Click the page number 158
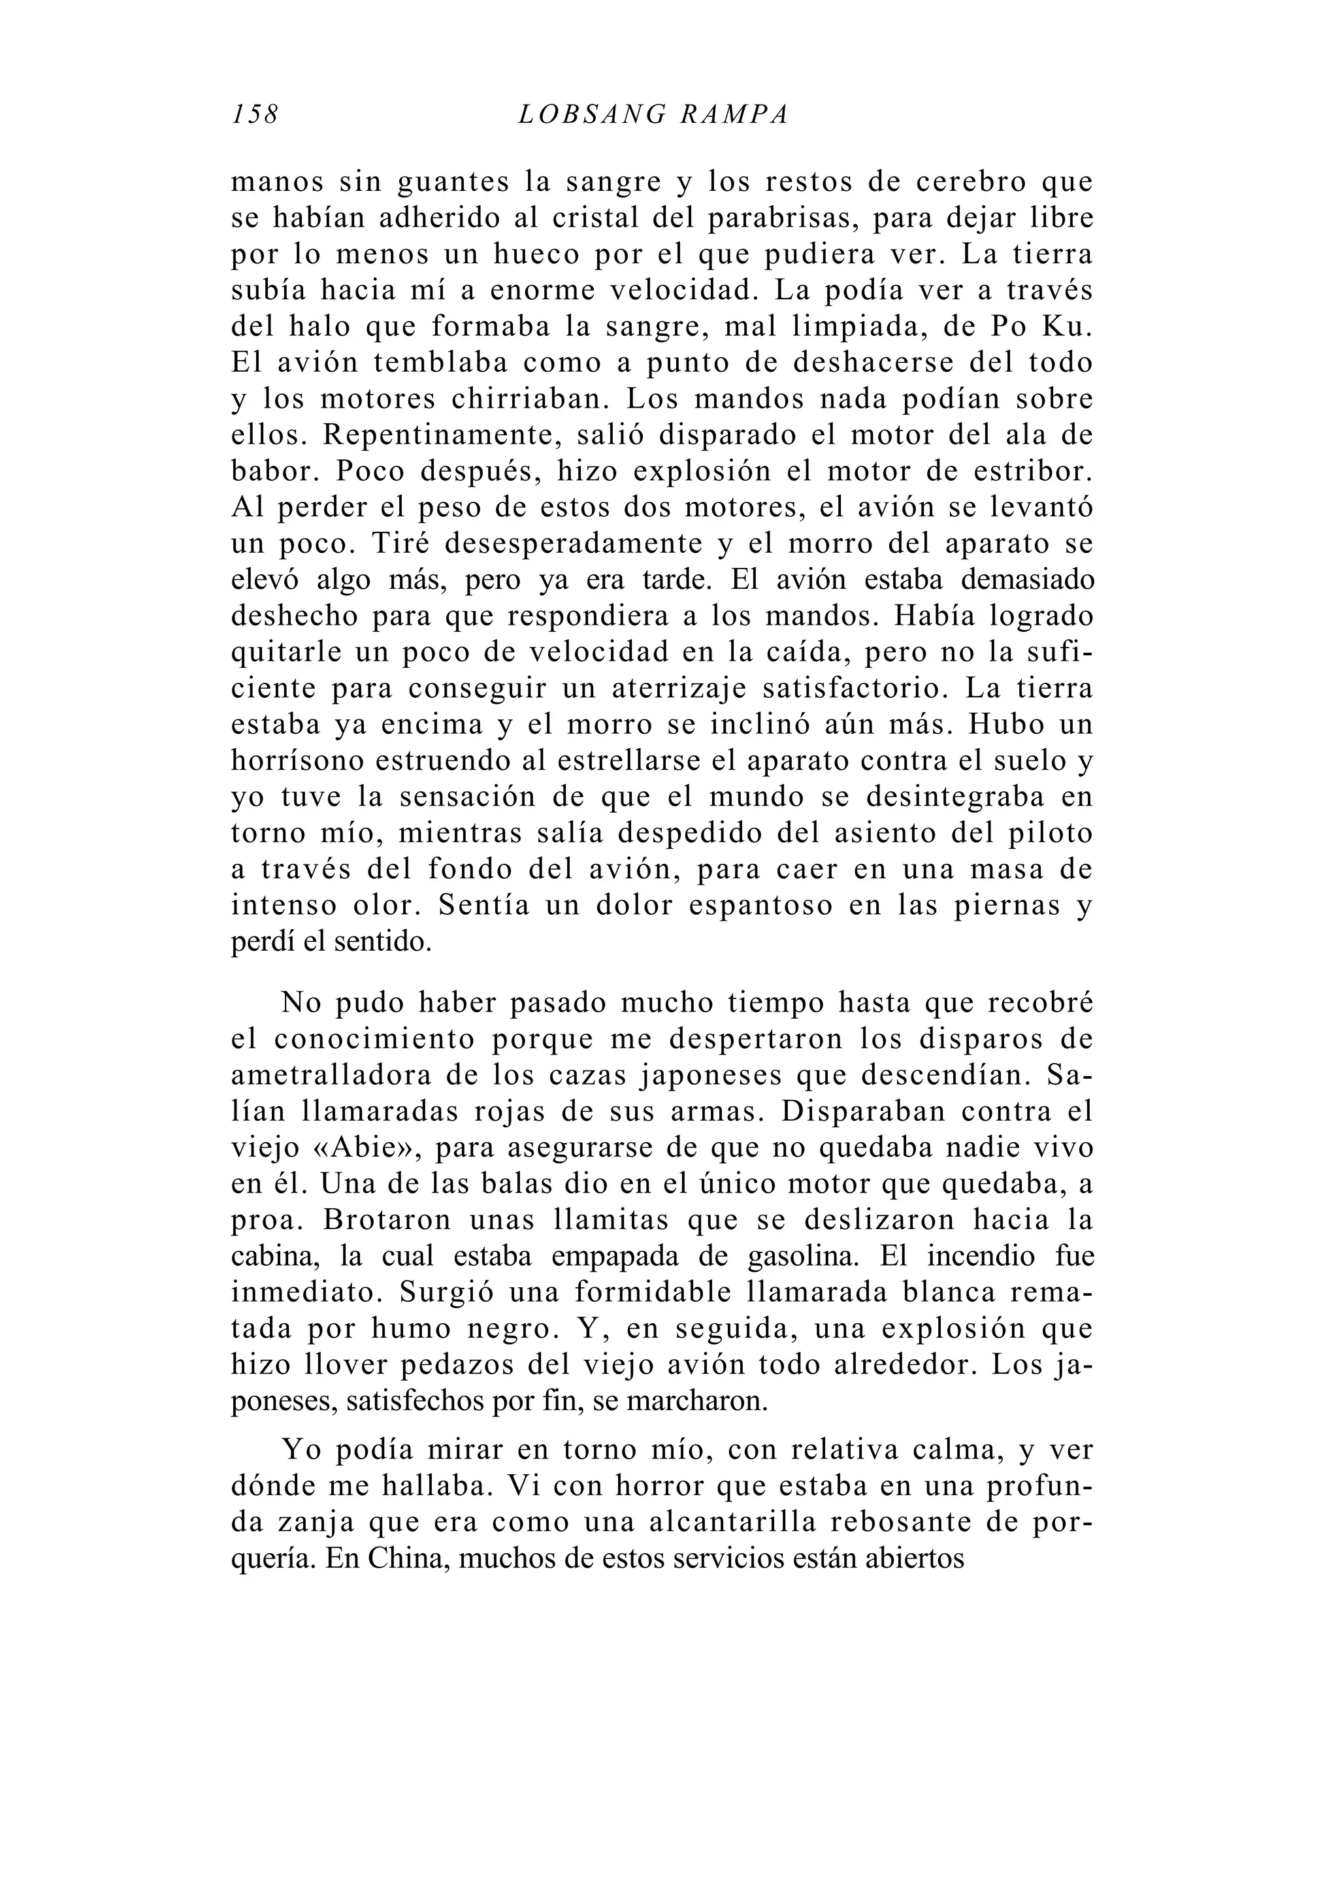coord(255,114)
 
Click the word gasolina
coord(806,1257)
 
